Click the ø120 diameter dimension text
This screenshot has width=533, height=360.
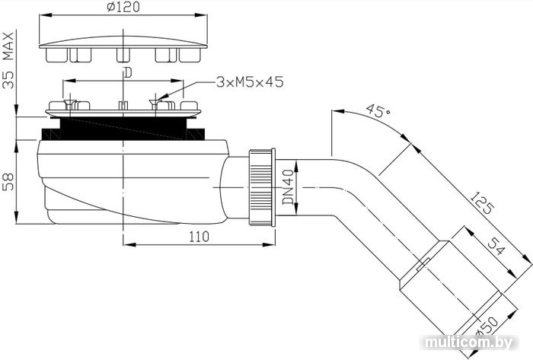123,7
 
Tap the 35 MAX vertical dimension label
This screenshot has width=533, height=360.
8,60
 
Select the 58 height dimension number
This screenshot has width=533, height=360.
8,182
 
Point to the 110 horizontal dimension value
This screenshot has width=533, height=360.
199,237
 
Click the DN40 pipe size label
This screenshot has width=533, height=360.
289,187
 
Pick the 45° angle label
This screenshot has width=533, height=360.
378,110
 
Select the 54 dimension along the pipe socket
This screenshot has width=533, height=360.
496,246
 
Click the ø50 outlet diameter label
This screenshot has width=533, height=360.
487,327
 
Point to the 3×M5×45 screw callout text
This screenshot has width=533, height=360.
250,82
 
